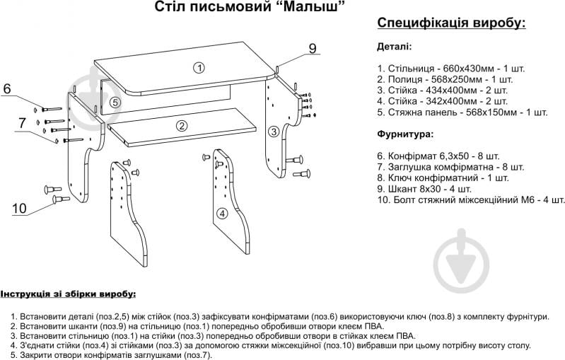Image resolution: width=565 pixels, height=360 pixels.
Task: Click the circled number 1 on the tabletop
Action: pos(199,68)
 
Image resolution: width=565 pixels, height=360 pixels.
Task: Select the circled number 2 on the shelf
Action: pos(182,127)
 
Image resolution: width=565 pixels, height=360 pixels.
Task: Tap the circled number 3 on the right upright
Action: pos(273,131)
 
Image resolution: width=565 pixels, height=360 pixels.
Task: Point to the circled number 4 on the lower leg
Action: pos(221,213)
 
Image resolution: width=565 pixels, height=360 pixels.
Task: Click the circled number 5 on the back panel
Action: pos(115,102)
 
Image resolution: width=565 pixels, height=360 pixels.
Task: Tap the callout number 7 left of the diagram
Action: pos(22,122)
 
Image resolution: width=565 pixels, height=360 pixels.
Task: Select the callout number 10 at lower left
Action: pos(19,208)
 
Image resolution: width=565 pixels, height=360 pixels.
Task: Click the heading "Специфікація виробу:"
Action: pos(452,23)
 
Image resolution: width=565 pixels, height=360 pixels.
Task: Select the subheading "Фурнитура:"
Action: pos(406,134)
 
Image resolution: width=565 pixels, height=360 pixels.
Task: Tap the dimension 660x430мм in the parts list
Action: pos(461,69)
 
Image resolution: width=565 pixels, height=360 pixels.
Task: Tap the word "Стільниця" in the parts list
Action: pos(410,69)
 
